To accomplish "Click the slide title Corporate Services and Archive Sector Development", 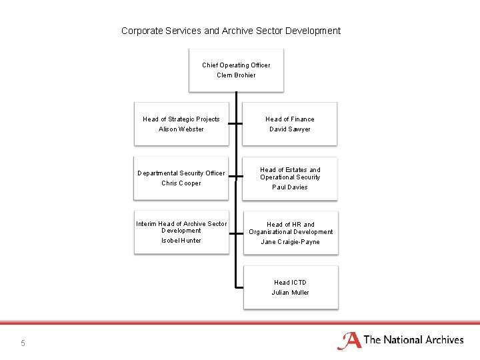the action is (231, 31).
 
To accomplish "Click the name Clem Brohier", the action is (236, 75).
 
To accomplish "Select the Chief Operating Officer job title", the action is (236, 65).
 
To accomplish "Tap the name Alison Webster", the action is (181, 129).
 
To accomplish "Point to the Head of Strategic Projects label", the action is (181, 119).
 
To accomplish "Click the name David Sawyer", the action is (290, 129).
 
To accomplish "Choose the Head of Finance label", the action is (290, 119).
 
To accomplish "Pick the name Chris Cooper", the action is (181, 183).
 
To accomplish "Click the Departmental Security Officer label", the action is (181, 173).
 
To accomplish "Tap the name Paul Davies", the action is (290, 187).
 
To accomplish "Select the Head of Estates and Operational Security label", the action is (290, 173).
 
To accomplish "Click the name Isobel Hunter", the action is (181, 241).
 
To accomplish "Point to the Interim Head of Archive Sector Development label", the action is (181, 227).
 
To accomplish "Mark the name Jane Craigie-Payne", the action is (290, 242).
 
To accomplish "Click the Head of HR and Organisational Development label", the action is (290, 228).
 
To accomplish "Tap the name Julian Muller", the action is (290, 293).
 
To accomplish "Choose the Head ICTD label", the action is (290, 283).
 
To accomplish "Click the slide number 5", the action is (23, 343).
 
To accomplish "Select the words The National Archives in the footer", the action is (414, 340).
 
